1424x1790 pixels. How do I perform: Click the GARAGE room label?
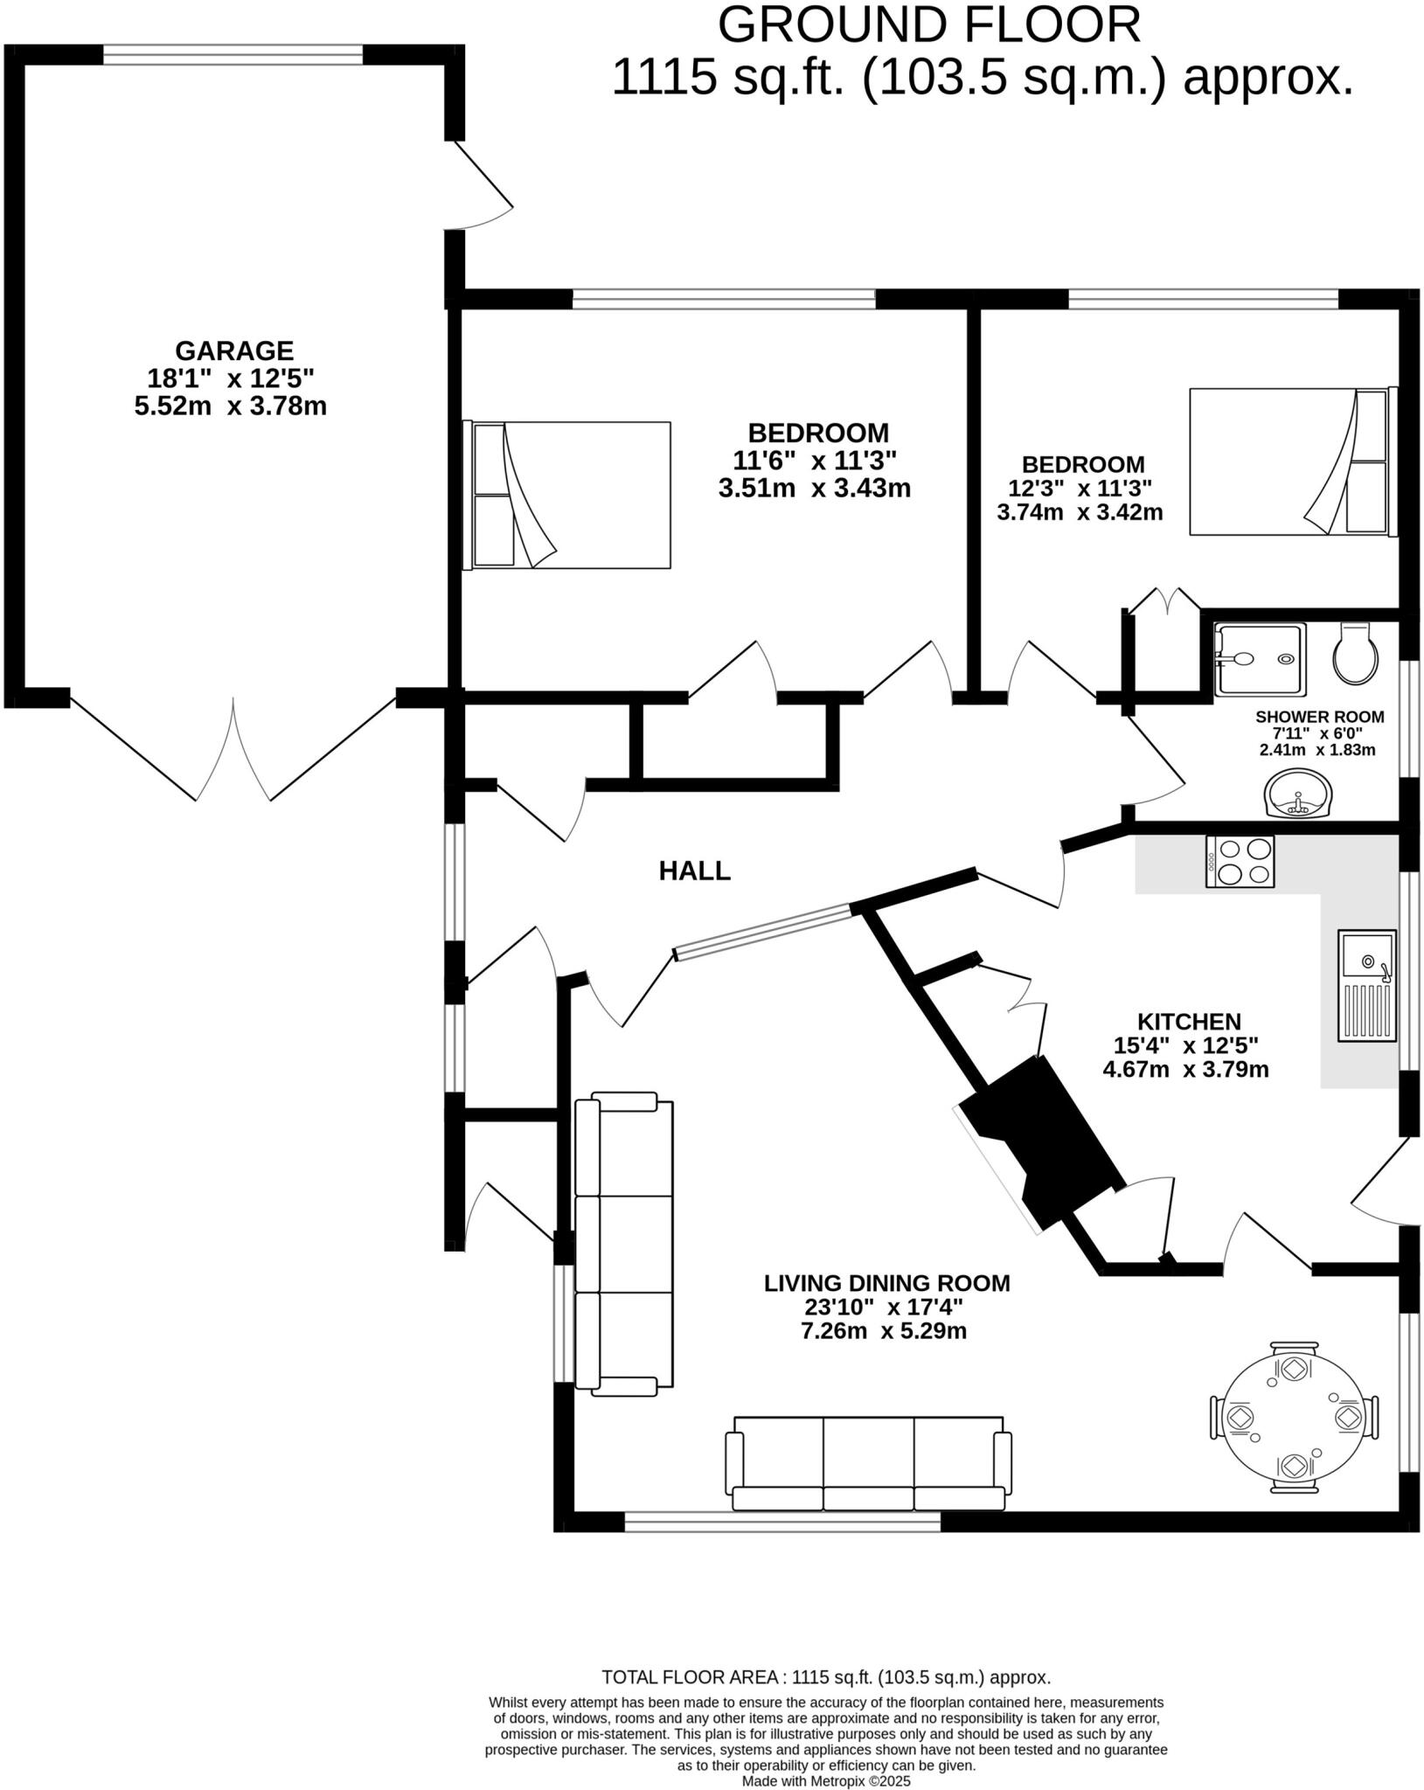point(234,350)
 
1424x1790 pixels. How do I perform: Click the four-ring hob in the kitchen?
point(1240,861)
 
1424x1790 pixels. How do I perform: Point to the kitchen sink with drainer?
point(1366,985)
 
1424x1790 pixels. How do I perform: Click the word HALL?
point(694,871)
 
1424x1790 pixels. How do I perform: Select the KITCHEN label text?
point(1189,1021)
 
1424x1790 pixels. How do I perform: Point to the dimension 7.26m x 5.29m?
point(884,1331)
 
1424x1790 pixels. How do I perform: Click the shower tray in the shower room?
point(1260,658)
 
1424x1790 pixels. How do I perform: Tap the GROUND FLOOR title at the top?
point(928,25)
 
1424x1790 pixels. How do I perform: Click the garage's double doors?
point(233,750)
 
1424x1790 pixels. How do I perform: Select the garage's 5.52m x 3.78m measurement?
point(231,406)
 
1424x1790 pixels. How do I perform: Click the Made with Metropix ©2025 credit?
point(826,1780)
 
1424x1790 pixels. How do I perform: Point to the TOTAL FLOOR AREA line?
point(826,1677)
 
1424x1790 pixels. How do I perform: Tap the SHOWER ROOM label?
point(1319,717)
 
